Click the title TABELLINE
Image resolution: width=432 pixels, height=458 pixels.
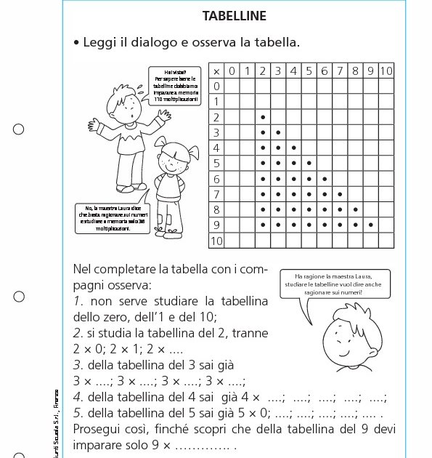point(235,16)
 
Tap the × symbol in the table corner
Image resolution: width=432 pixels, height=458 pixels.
point(216,71)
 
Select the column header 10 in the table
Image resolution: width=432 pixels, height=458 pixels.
point(386,71)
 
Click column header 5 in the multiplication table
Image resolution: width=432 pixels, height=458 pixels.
point(309,71)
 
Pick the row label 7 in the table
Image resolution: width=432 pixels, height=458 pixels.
point(216,194)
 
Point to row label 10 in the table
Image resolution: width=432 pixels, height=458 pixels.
point(216,241)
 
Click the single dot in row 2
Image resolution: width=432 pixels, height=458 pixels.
point(262,117)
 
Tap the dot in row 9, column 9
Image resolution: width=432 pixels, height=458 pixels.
point(370,225)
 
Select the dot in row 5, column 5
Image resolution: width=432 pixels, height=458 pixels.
point(309,163)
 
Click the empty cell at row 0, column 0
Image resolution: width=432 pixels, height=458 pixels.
point(232,87)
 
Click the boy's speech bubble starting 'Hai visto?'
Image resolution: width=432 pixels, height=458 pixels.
point(176,84)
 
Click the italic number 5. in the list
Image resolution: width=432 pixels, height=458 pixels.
point(78,412)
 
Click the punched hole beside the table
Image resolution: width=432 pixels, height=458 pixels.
point(19,129)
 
